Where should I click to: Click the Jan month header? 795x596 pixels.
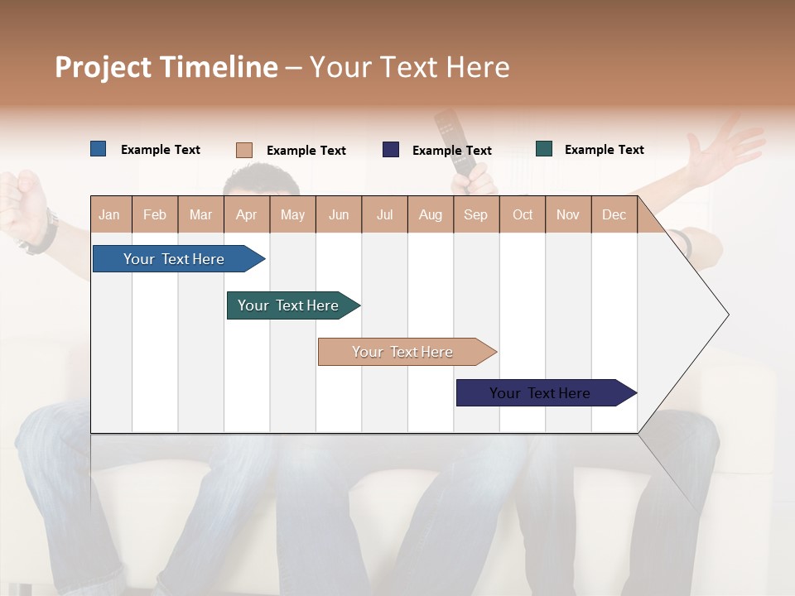pyautogui.click(x=109, y=215)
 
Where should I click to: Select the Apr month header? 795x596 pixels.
pyautogui.click(x=246, y=215)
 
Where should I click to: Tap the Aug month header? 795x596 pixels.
pyautogui.click(x=430, y=215)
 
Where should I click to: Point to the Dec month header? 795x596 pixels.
pyautogui.click(x=614, y=215)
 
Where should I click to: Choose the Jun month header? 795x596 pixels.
pyautogui.click(x=339, y=215)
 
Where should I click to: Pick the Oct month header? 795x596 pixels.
pyautogui.click(x=523, y=215)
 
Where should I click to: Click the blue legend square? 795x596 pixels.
pyautogui.click(x=98, y=149)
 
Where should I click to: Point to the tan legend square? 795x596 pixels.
pyautogui.click(x=243, y=150)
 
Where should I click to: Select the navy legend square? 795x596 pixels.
pyautogui.click(x=391, y=150)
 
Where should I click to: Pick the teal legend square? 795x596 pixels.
pyautogui.click(x=544, y=149)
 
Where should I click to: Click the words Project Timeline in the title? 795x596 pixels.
pyautogui.click(x=166, y=67)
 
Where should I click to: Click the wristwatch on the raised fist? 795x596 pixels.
pyautogui.click(x=41, y=236)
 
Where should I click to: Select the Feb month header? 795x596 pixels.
pyautogui.click(x=155, y=215)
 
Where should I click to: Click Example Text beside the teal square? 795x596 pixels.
pyautogui.click(x=604, y=150)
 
